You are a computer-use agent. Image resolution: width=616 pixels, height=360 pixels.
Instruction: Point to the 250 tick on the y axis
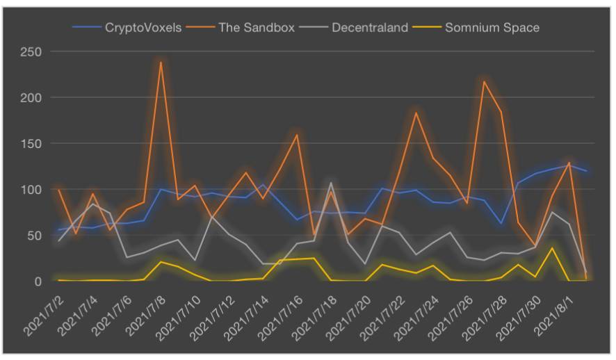[32, 52]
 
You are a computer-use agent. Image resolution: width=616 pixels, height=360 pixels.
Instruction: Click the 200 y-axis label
[32, 98]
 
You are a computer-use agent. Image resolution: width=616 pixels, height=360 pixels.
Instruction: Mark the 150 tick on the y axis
[32, 144]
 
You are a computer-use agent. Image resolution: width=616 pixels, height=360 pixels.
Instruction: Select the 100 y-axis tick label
[32, 190]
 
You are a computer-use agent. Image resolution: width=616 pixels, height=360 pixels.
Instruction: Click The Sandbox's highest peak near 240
[161, 63]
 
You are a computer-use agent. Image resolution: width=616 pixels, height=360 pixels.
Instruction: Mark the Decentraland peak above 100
[331, 183]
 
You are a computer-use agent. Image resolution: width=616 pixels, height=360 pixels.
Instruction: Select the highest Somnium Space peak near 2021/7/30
[552, 248]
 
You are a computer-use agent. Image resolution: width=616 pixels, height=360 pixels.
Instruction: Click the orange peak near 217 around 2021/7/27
[484, 82]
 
